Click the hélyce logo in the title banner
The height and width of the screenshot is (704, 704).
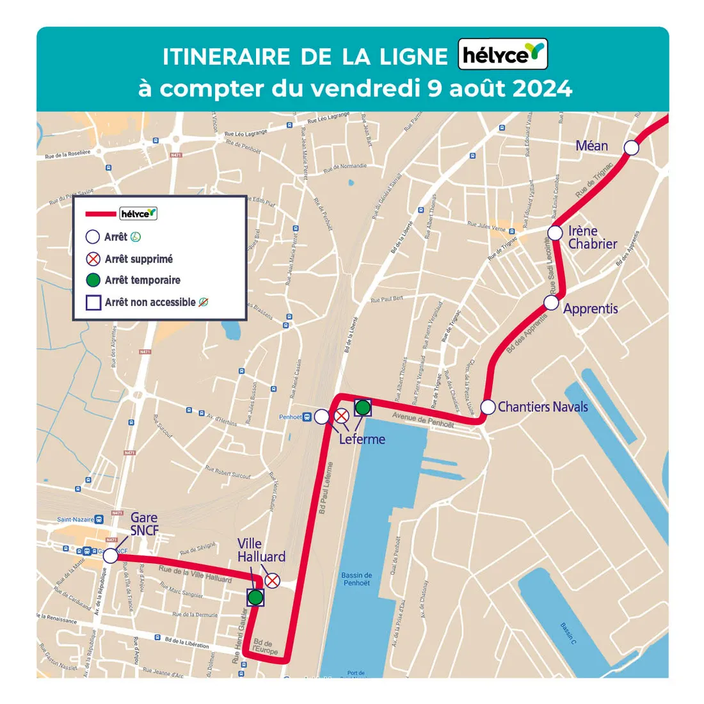tap(503, 55)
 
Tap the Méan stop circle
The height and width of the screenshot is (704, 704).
tap(631, 148)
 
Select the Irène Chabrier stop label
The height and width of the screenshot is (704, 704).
tap(592, 237)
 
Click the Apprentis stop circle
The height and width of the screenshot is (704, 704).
tap(552, 302)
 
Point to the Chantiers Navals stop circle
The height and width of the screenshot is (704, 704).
tap(488, 407)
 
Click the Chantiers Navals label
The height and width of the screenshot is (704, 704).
tap(543, 407)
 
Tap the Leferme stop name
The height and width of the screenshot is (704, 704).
tap(362, 439)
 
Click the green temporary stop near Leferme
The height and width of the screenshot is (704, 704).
tap(363, 407)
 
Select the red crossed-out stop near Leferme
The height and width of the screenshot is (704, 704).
tap(342, 416)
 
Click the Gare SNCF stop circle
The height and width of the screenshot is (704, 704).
tap(111, 556)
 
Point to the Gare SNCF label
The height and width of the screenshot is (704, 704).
tap(144, 524)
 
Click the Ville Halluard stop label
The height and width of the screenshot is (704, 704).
tap(261, 550)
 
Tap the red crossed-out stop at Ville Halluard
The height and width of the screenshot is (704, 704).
tap(273, 580)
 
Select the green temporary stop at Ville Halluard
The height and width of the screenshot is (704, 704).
tap(255, 598)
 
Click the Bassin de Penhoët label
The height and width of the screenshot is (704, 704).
tap(356, 579)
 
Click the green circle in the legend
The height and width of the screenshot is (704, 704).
tap(93, 280)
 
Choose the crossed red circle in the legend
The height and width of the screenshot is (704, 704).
tap(93, 259)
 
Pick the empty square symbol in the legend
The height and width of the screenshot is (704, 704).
tap(93, 302)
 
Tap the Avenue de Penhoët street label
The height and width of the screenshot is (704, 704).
tap(422, 420)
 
